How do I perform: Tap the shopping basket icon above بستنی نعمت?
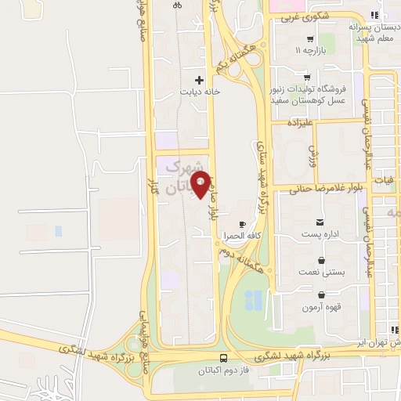click(x=321, y=260)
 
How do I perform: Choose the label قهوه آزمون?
click(x=321, y=308)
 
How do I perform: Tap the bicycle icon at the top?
click(x=177, y=5)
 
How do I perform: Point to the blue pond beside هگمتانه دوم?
click(x=254, y=299)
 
